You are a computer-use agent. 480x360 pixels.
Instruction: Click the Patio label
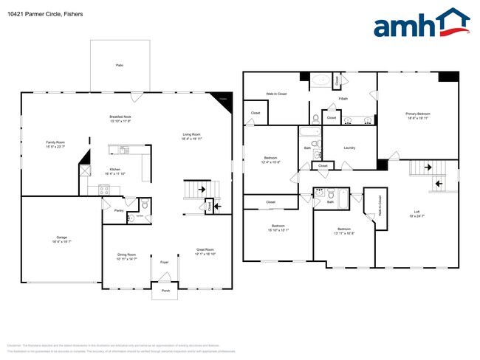tap(119, 66)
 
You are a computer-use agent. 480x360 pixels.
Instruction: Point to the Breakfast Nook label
tap(120, 117)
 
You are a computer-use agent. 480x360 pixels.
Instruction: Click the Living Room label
tap(193, 134)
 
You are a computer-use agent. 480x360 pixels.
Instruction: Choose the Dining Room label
tap(127, 255)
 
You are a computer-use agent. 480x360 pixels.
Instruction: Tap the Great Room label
tap(205, 250)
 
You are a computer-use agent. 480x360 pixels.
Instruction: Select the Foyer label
tap(164, 262)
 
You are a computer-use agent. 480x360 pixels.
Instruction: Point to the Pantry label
tap(119, 210)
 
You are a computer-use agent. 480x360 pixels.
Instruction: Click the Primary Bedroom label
tap(418, 114)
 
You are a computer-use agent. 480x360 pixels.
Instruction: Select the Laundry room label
tap(349, 148)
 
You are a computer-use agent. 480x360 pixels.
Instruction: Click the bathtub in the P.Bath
tap(321, 81)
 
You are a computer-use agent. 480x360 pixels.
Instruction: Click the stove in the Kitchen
tap(105, 190)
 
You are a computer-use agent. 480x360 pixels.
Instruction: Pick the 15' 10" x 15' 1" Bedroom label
tap(278, 226)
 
